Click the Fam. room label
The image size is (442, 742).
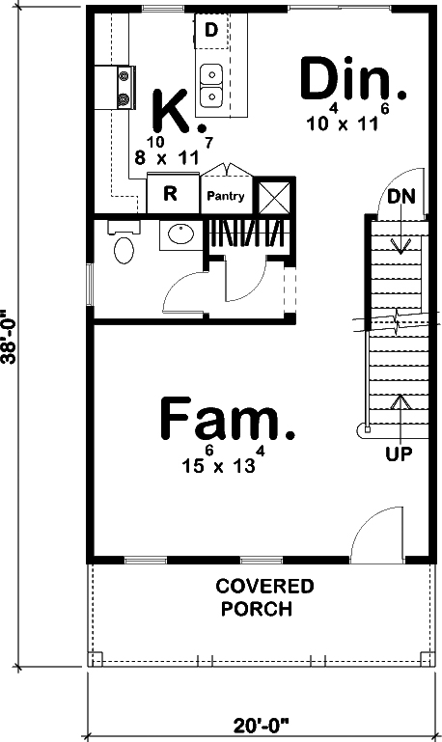(227, 421)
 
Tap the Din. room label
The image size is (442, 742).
(352, 82)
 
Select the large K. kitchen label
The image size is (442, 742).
(178, 112)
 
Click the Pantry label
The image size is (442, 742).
(226, 196)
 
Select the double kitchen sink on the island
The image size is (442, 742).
(211, 86)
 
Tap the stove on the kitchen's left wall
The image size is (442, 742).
(124, 86)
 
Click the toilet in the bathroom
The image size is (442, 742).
(124, 247)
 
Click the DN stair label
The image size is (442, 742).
(401, 197)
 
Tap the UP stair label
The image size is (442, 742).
(400, 452)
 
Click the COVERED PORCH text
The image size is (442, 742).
(263, 597)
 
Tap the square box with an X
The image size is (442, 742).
(274, 196)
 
